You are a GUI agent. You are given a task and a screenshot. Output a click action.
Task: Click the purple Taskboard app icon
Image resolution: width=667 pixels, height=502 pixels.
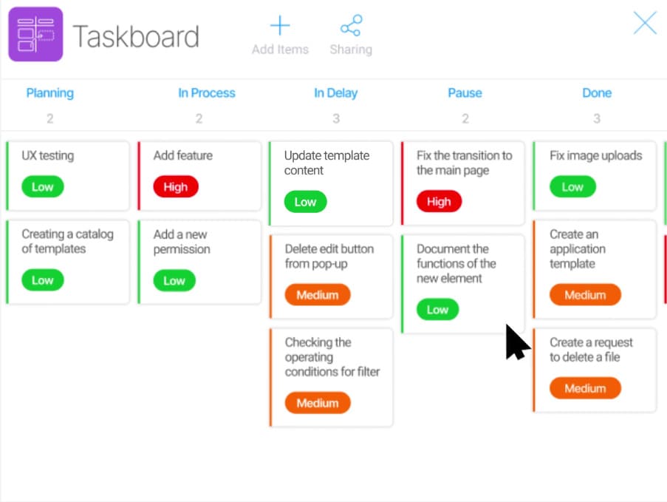(x=35, y=34)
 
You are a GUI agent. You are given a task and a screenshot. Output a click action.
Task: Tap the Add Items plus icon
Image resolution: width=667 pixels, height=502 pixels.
(x=280, y=25)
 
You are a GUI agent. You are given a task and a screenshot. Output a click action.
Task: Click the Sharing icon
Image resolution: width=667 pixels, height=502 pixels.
(x=351, y=26)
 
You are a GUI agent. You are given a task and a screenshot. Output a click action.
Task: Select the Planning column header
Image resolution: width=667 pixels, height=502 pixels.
(x=49, y=93)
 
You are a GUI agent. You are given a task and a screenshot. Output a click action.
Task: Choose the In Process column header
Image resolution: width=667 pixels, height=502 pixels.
(x=207, y=93)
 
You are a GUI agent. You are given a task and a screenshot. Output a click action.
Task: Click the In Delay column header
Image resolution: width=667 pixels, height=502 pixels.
(x=335, y=93)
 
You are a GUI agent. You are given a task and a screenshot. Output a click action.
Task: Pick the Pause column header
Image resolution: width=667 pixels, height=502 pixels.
(x=465, y=93)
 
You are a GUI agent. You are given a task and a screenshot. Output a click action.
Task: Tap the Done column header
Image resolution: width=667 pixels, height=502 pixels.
(x=597, y=93)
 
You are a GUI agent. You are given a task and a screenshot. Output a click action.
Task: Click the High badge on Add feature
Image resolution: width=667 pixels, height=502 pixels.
(x=176, y=186)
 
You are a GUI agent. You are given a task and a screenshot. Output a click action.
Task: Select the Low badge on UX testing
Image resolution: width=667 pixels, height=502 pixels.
(x=43, y=186)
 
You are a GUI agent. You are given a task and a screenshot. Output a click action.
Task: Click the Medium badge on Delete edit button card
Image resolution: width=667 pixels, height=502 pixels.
(x=318, y=295)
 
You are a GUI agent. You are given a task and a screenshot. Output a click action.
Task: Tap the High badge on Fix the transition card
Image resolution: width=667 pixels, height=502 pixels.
(x=439, y=201)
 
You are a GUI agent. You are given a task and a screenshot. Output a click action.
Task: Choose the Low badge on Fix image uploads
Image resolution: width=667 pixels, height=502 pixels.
(x=572, y=186)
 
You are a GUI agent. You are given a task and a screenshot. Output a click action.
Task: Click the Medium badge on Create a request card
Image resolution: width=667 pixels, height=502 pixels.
(x=585, y=388)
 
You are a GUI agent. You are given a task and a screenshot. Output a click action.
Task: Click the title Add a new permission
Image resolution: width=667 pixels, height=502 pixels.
(x=182, y=242)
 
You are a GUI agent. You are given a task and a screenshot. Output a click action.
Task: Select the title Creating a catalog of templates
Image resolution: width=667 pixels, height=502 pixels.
(x=68, y=242)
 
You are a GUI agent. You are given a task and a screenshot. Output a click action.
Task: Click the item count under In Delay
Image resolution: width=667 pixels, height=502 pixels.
(x=336, y=118)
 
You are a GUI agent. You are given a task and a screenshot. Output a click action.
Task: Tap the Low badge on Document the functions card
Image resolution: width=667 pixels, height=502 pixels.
(x=438, y=310)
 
